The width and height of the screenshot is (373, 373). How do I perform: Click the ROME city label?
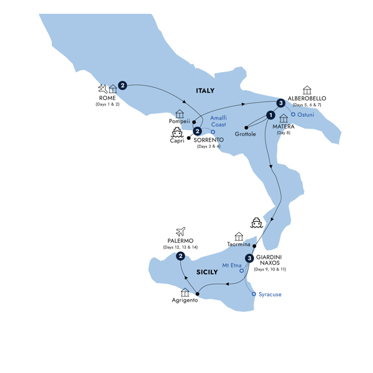[x=108, y=98]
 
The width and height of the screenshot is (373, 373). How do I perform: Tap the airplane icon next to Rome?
[x=102, y=89]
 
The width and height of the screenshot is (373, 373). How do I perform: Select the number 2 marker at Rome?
[x=122, y=85]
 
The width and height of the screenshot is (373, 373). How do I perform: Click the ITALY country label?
[x=205, y=91]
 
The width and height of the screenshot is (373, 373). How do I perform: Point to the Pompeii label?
[x=179, y=122]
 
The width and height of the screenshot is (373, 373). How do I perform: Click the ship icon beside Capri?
[x=177, y=132]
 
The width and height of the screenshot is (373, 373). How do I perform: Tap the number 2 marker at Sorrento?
[x=197, y=131]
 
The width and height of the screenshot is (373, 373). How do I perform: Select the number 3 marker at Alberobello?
[x=281, y=103]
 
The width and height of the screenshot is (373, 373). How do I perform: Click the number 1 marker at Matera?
[x=270, y=114]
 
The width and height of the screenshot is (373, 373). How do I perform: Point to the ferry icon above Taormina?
[x=256, y=223]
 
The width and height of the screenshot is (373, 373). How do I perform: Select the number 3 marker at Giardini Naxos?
[x=249, y=259]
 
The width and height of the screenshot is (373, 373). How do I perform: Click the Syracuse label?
[x=270, y=294]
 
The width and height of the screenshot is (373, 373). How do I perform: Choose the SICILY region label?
[x=207, y=272]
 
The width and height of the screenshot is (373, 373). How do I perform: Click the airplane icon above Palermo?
[x=181, y=231]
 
